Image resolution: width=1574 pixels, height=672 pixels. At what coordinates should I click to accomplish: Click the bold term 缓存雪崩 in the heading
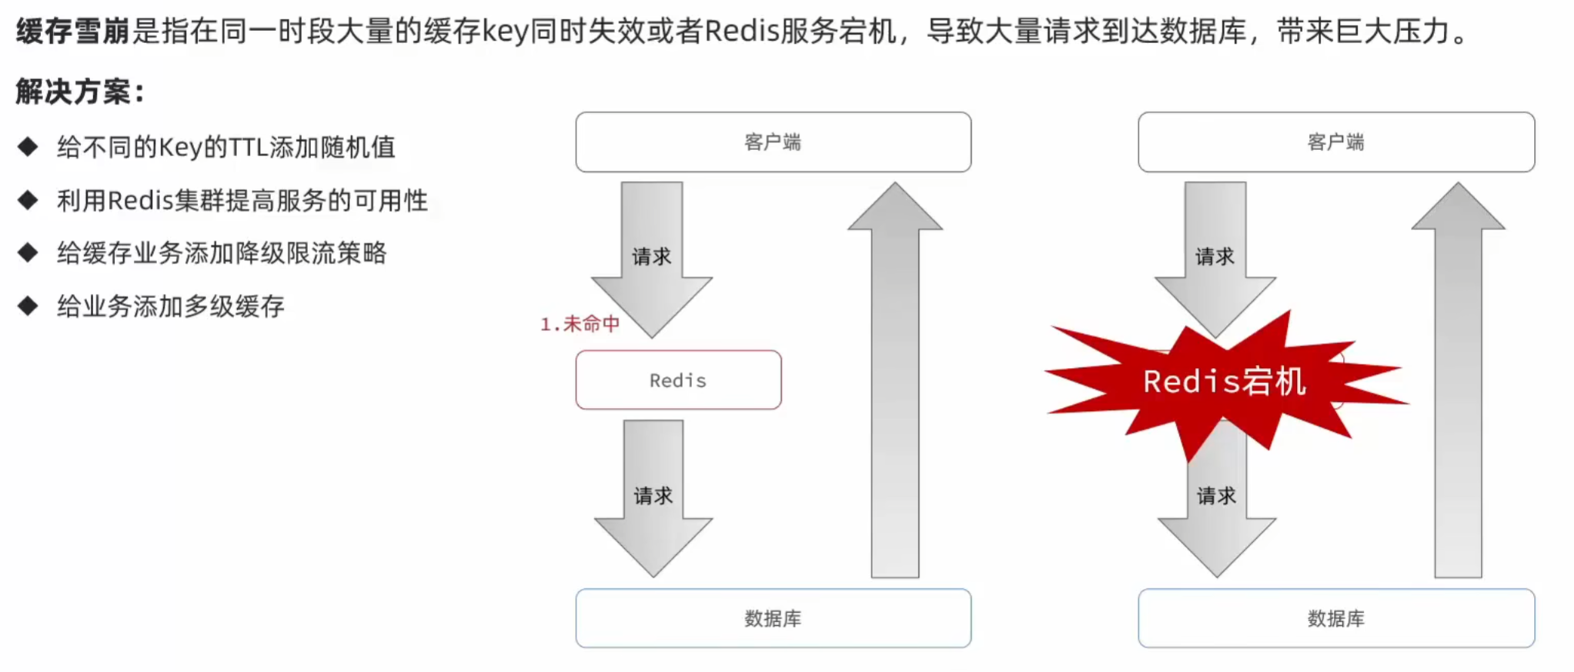(73, 32)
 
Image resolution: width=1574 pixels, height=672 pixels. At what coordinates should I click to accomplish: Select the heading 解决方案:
(80, 92)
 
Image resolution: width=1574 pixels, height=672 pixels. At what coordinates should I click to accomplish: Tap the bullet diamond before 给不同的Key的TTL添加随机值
(28, 146)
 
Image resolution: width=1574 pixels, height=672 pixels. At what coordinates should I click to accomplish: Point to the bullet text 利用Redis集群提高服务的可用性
(242, 201)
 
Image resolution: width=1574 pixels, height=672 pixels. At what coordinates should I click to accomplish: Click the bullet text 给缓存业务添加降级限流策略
(222, 253)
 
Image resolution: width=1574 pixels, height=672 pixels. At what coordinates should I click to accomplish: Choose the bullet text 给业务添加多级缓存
(170, 306)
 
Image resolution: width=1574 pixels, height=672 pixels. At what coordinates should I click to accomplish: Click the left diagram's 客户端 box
(773, 142)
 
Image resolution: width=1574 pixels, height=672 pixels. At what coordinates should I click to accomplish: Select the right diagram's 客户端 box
(1335, 142)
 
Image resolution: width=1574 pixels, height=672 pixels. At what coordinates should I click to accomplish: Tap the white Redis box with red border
(678, 380)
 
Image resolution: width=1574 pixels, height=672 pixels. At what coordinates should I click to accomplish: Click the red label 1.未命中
(580, 324)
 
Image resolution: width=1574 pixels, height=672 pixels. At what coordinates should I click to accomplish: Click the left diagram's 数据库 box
(773, 618)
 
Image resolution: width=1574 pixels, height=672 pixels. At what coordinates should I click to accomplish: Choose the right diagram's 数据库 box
(1335, 618)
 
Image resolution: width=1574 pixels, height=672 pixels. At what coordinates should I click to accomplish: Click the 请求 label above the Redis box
(651, 256)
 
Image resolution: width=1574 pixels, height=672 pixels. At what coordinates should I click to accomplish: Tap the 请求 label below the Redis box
(653, 496)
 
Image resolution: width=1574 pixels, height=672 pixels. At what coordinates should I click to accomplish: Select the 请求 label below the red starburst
(1216, 496)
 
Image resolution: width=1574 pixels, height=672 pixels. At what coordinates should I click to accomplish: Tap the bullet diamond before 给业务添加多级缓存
(28, 306)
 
